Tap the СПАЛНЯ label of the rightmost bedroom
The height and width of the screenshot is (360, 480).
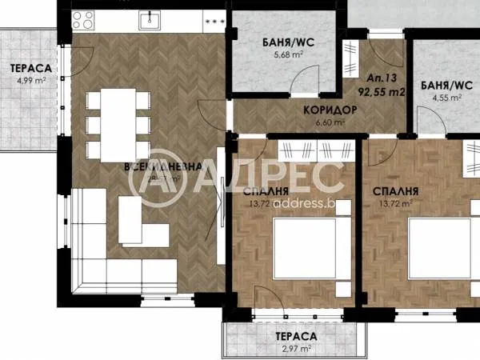coord(397,192)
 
